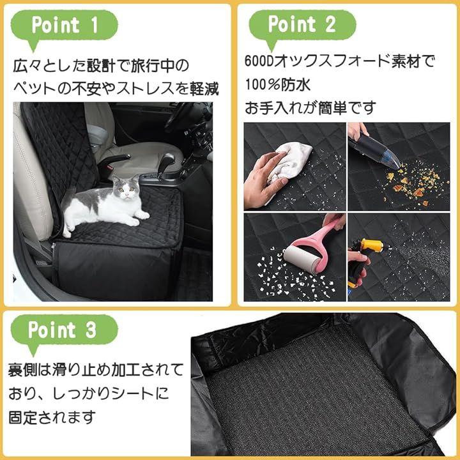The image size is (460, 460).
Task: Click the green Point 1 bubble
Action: pyautogui.click(x=64, y=26)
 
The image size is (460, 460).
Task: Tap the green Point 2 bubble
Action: pyautogui.click(x=302, y=26)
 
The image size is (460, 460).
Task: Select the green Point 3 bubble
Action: pyautogui.click(x=64, y=331)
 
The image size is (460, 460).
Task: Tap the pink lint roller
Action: pyautogui.click(x=314, y=247)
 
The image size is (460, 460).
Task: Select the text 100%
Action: pyautogui.click(x=263, y=85)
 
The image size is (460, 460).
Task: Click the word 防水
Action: pyautogui.click(x=296, y=85)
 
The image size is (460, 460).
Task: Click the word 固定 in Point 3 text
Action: pyautogui.click(x=23, y=417)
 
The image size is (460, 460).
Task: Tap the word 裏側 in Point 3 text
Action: pyautogui.click(x=23, y=370)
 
